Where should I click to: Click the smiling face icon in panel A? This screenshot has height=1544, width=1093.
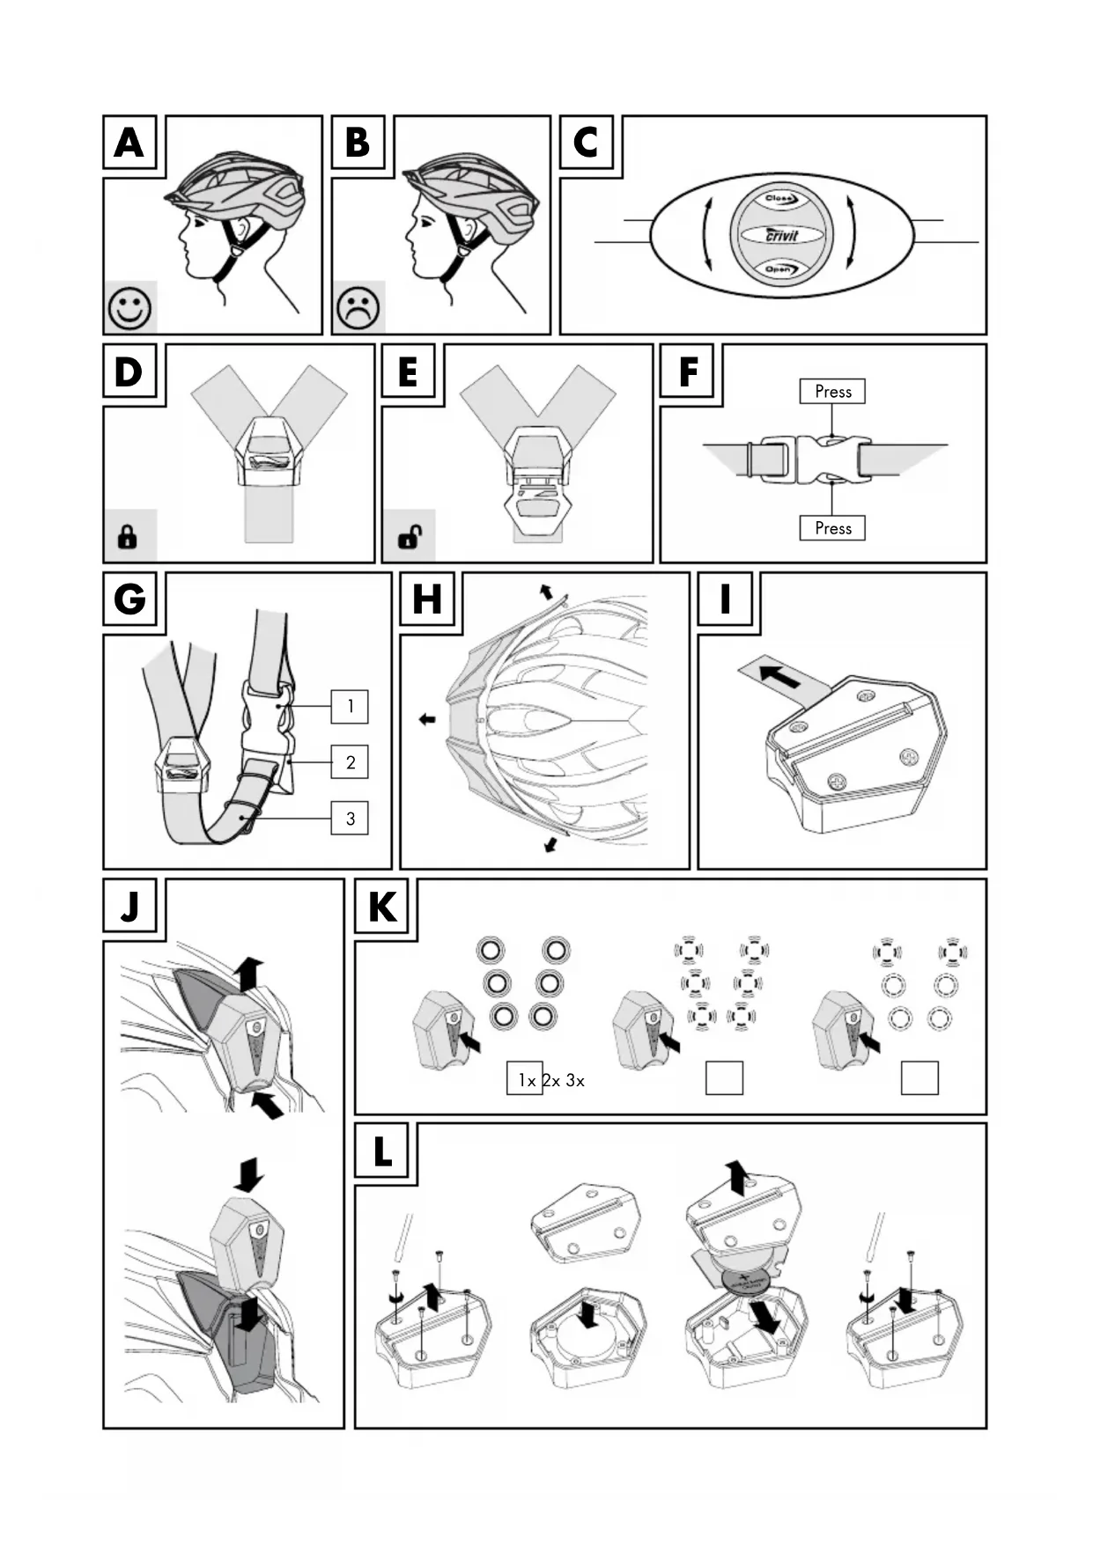[x=130, y=308]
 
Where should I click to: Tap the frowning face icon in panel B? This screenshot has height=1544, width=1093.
[x=358, y=308]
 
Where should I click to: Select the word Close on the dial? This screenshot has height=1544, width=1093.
[x=780, y=199]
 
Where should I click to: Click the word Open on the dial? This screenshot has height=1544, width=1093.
[x=779, y=269]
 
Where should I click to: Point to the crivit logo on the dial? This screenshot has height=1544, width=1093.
[x=781, y=235]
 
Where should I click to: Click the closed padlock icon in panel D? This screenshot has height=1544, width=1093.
[x=128, y=536]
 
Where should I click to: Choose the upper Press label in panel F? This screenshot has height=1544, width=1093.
[x=832, y=392]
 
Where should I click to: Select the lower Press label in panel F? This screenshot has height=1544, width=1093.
[x=832, y=528]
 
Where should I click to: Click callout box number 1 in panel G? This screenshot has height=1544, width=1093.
[x=350, y=706]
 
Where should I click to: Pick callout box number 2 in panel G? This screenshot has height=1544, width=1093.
[x=350, y=762]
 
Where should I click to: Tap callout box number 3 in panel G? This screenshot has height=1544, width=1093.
[x=350, y=819]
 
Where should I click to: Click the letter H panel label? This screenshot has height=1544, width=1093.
[x=428, y=600]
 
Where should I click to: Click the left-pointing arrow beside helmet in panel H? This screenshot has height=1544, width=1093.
[x=427, y=719]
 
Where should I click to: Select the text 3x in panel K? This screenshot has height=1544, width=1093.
[x=575, y=1080]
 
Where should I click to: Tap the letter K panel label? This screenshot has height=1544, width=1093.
[x=383, y=907]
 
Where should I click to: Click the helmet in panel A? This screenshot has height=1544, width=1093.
[x=240, y=189]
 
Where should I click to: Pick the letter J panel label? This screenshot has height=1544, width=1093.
[x=130, y=907]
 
